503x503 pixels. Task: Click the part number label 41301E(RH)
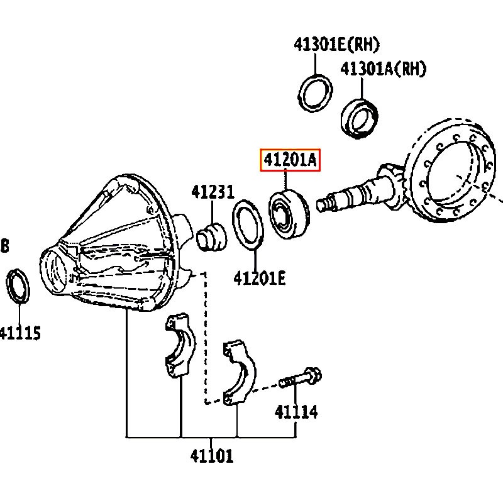click(x=336, y=44)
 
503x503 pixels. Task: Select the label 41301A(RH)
click(x=383, y=69)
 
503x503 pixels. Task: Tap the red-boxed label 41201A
click(x=290, y=160)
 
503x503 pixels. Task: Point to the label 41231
click(x=213, y=192)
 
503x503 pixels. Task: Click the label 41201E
click(x=260, y=278)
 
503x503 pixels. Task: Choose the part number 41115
click(x=20, y=333)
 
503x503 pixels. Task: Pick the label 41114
click(x=296, y=412)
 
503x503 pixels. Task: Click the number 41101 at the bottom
click(x=211, y=456)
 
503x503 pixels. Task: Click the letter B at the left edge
click(x=4, y=246)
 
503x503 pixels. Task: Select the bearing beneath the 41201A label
click(x=289, y=214)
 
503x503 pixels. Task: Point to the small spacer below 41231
click(x=211, y=237)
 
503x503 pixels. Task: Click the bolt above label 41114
click(x=300, y=379)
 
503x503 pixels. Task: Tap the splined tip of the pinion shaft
click(x=322, y=205)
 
